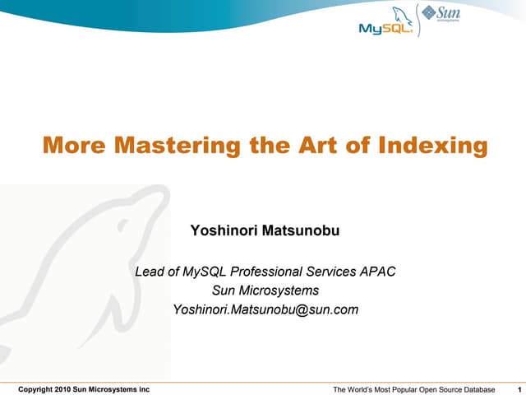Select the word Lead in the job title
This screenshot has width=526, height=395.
click(150, 271)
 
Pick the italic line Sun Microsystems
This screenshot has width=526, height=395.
click(265, 290)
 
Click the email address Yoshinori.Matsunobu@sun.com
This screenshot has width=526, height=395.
click(265, 310)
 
